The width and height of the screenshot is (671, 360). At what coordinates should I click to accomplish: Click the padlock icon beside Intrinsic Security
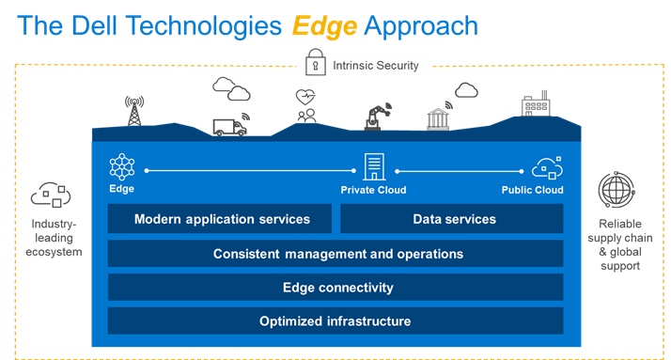click(315, 66)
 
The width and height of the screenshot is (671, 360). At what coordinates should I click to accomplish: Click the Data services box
click(452, 219)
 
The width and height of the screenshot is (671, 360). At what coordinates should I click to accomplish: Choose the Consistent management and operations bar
click(335, 254)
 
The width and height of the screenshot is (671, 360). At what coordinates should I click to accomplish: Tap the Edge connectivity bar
click(335, 288)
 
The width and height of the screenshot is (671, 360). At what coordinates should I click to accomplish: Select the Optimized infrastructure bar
click(335, 321)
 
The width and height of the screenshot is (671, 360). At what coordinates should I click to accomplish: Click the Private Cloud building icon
click(373, 167)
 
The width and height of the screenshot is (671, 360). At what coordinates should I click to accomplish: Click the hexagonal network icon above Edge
click(122, 166)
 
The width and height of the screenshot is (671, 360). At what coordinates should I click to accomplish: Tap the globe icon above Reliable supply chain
click(616, 191)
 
